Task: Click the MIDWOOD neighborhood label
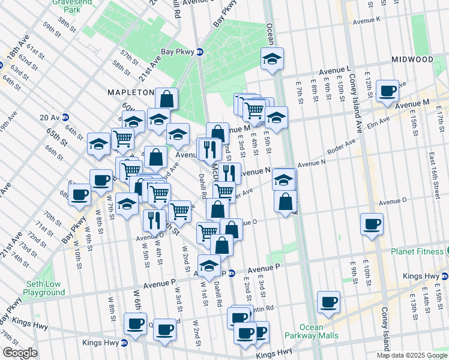pos(412,59)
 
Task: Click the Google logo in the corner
pos(20,353)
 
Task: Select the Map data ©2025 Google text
pos(412,355)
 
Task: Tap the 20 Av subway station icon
pos(65,118)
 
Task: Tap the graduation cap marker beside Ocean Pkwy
pos(272,59)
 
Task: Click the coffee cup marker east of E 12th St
pos(388,91)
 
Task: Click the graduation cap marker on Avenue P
pos(209,266)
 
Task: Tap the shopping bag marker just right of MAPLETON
pos(166,98)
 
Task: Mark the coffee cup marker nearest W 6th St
pos(134,324)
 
